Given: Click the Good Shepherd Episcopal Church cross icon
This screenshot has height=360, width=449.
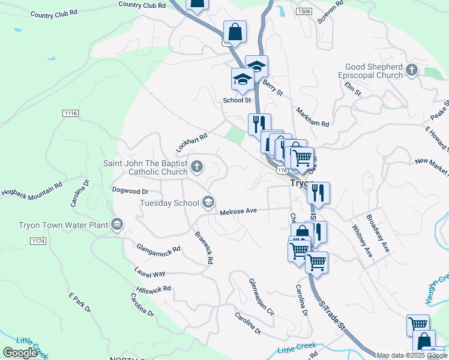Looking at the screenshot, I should pyautogui.click(x=412, y=70).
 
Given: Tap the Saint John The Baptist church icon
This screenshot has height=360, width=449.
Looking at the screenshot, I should pyautogui.click(x=197, y=166).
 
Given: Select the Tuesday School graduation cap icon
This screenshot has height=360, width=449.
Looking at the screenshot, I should pyautogui.click(x=208, y=202).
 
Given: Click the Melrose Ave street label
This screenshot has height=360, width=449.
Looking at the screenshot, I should pyautogui.click(x=238, y=211).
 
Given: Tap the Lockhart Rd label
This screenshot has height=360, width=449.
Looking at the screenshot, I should pyautogui.click(x=191, y=142).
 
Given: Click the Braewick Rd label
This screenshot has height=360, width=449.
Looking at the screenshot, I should pyautogui.click(x=204, y=247).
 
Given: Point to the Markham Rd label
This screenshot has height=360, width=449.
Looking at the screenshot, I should pyautogui.click(x=313, y=117).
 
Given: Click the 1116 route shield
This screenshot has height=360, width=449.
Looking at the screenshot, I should pyautogui.click(x=70, y=113).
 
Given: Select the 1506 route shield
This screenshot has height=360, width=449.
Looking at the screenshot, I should pyautogui.click(x=304, y=11).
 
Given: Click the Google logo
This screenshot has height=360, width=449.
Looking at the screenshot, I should pyautogui.click(x=20, y=353).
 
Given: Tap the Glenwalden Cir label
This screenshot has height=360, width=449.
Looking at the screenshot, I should pyautogui.click(x=262, y=297).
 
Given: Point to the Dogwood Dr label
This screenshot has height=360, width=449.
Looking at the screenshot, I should pyautogui.click(x=130, y=191).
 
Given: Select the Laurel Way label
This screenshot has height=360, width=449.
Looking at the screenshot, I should pyautogui.click(x=149, y=274).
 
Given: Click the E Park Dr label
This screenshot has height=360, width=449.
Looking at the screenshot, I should pyautogui.click(x=79, y=303).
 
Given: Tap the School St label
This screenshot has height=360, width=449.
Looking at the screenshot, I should pyautogui.click(x=237, y=101).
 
